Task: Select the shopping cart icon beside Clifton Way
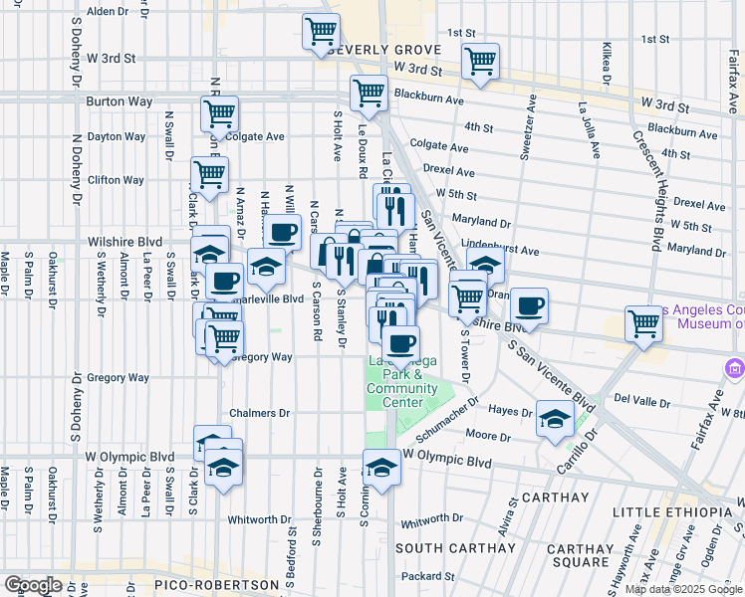pos(209,174)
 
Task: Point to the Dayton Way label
pos(118,136)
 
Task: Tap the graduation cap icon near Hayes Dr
pos(554,419)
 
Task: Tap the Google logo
pos(33,585)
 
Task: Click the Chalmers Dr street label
pos(259,413)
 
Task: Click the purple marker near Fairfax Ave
pos(736,369)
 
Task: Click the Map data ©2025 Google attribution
pos(684,589)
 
